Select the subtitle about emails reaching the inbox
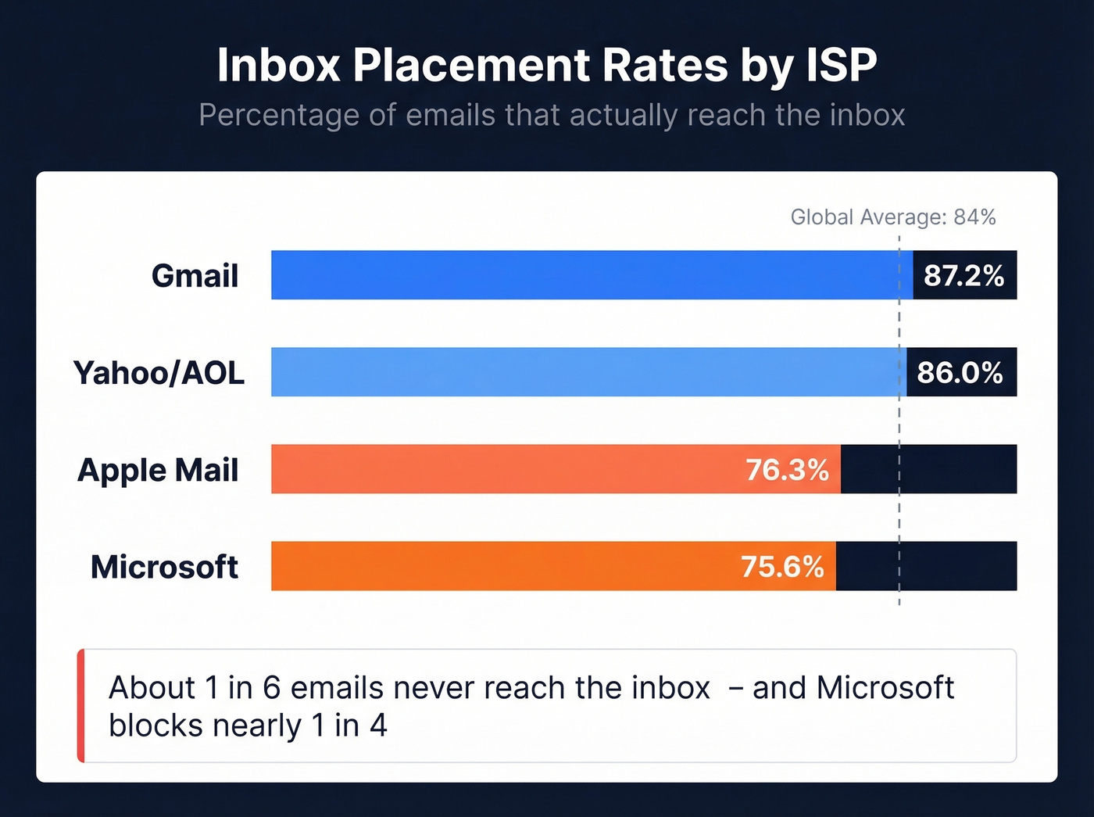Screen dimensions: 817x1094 pyautogui.click(x=552, y=115)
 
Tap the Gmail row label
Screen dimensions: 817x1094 pyautogui.click(x=195, y=276)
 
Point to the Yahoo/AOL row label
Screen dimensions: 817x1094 pyautogui.click(x=159, y=373)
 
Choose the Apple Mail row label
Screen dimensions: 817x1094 pyautogui.click(x=158, y=470)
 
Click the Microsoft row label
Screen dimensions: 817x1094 pyautogui.click(x=164, y=567)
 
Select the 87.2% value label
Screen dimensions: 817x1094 pyautogui.click(x=964, y=275)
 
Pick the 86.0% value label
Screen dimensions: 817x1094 pyautogui.click(x=960, y=372)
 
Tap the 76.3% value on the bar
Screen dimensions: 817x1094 pyautogui.click(x=786, y=470)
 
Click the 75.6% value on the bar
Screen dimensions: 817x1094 pyautogui.click(x=782, y=567)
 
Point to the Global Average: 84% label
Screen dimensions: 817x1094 pyautogui.click(x=892, y=217)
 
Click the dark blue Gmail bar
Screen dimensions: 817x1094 pyautogui.click(x=586, y=275)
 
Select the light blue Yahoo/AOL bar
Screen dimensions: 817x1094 pyautogui.click(x=586, y=372)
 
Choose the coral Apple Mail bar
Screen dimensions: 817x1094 pyautogui.click(x=508, y=469)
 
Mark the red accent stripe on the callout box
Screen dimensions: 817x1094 pyautogui.click(x=80, y=705)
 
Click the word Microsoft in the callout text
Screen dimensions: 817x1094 pyautogui.click(x=885, y=688)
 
